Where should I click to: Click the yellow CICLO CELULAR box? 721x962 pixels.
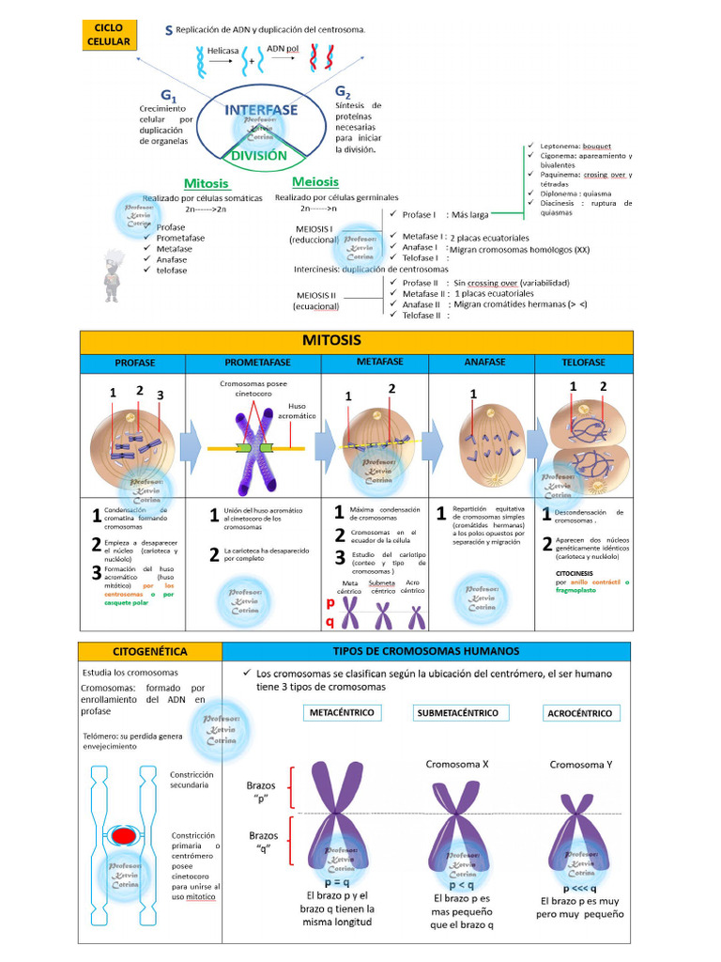108,35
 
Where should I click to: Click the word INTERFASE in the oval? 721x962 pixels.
261,111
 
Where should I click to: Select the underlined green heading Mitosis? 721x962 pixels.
207,183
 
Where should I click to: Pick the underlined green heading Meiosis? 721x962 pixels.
315,181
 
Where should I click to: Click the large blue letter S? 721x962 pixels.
168,31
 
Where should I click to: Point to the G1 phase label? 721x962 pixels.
169,96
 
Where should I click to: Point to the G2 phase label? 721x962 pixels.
343,92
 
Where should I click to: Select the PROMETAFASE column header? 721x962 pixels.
257,363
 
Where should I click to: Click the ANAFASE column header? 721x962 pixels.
484,363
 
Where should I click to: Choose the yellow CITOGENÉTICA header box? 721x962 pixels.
150,651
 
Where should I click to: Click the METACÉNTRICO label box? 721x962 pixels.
342,713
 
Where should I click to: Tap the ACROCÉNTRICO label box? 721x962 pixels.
579,713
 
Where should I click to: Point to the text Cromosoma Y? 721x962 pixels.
581,765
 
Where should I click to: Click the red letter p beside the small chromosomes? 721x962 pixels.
330,604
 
